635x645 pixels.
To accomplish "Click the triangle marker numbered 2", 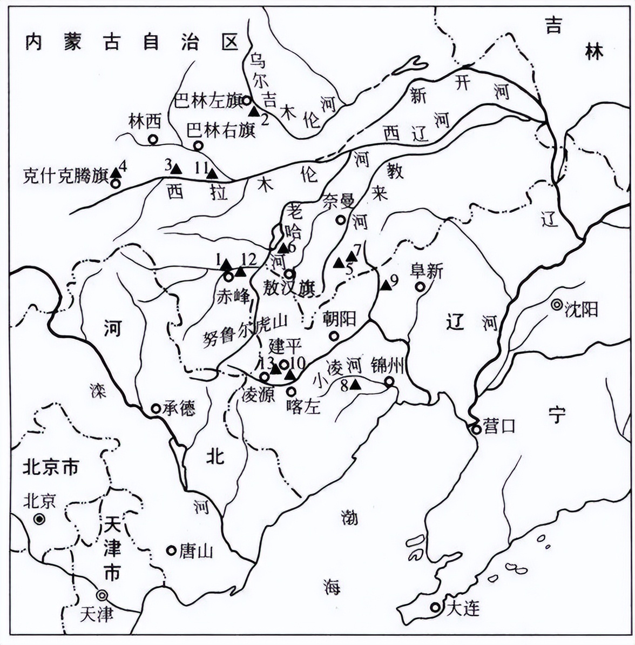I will tap(253, 111).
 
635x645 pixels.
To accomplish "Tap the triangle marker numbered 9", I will tap(385, 285).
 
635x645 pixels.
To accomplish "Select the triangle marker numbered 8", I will tap(355, 385).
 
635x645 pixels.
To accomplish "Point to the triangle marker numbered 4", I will tap(116, 173).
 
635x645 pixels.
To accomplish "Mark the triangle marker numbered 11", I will tap(212, 173).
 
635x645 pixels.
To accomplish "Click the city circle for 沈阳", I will tap(556, 305).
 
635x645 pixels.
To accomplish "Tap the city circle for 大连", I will tap(435, 607).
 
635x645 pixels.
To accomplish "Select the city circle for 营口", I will tap(476, 429).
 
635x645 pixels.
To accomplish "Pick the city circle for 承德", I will tap(156, 408).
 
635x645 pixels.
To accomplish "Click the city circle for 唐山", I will tap(171, 550).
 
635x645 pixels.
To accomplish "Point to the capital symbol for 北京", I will tap(38, 519).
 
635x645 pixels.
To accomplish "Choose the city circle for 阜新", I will tap(420, 287).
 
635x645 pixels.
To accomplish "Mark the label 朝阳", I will tap(339, 319).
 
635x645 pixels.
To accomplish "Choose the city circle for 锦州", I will tap(389, 382).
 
